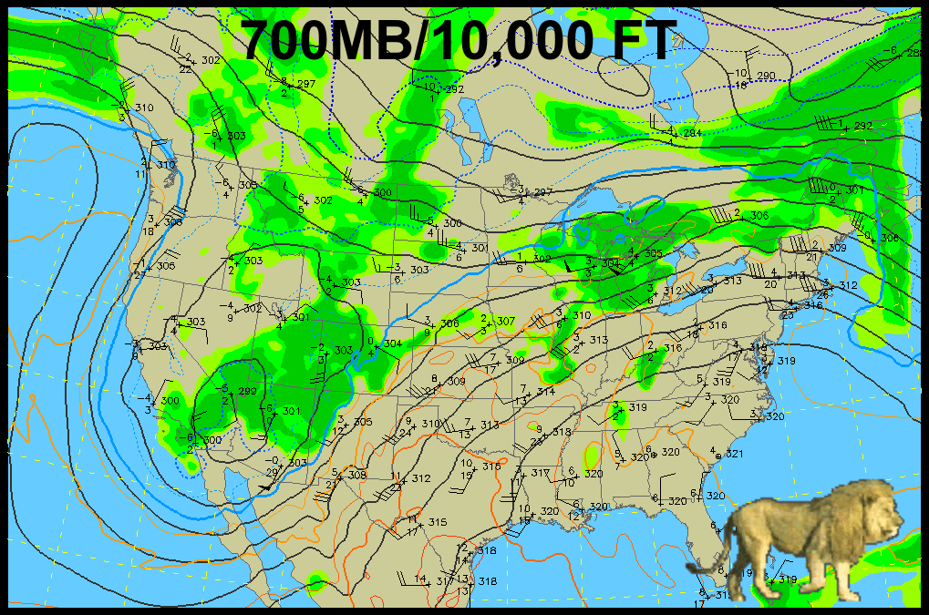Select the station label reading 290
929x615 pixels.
(766, 76)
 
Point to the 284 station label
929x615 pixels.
(693, 134)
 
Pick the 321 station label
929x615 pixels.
(735, 454)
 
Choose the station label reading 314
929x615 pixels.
(545, 391)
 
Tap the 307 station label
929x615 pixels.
(506, 321)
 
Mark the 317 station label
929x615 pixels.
(541, 473)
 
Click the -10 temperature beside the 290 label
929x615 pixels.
(740, 72)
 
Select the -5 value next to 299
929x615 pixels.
(225, 388)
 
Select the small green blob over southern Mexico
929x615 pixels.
(316, 580)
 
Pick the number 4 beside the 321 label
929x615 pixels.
(712, 450)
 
